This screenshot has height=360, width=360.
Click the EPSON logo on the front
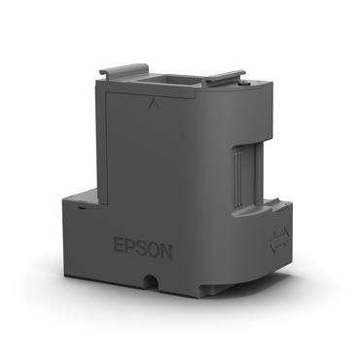(143, 249)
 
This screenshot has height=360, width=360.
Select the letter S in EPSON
(143, 249)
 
